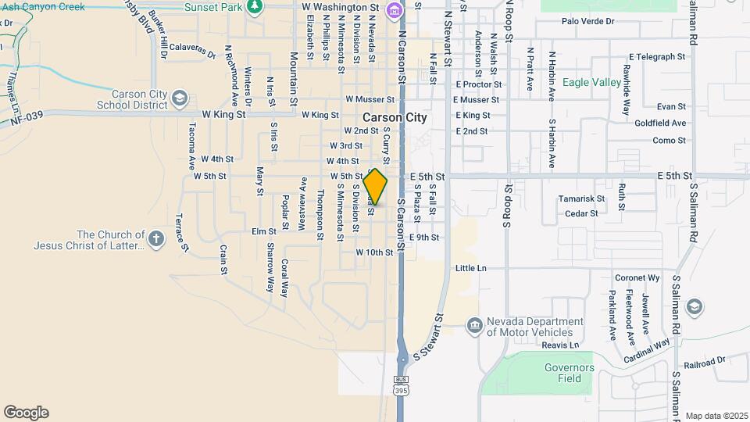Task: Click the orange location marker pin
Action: click(376, 187)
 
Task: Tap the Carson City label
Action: click(395, 117)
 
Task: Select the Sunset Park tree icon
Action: click(254, 6)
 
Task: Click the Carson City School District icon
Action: click(180, 98)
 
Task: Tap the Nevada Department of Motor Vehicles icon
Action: click(474, 325)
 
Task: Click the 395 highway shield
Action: click(401, 387)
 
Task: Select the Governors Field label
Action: click(569, 373)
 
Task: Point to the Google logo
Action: click(26, 413)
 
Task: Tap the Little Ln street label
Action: click(470, 268)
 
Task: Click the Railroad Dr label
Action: click(704, 363)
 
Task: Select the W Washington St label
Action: click(340, 7)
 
